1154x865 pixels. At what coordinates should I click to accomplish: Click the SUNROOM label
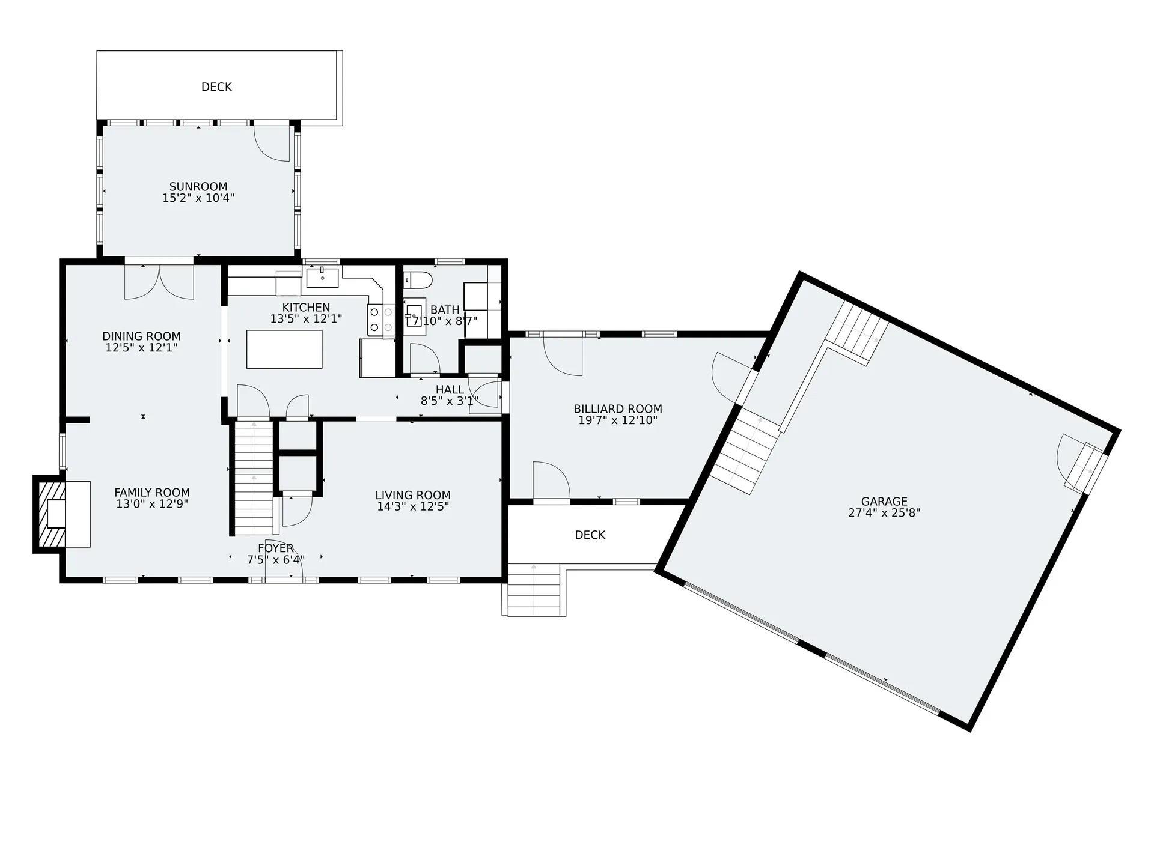click(198, 187)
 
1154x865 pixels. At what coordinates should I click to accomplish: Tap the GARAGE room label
click(884, 502)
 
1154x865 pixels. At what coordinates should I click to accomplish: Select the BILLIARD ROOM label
click(618, 409)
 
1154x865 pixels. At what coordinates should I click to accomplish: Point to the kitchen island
click(284, 349)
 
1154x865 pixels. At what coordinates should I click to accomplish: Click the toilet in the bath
click(418, 279)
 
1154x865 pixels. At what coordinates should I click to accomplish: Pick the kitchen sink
click(323, 278)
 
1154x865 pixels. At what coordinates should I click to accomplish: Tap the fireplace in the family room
click(62, 514)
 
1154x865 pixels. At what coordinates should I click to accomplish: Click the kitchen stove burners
click(380, 320)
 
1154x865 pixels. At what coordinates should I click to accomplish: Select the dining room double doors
click(159, 282)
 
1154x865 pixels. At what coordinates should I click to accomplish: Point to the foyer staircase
click(254, 478)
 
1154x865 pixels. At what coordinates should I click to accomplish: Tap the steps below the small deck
click(534, 590)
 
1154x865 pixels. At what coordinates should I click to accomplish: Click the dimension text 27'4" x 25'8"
click(884, 513)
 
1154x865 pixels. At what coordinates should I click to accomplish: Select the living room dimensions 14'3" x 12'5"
click(413, 506)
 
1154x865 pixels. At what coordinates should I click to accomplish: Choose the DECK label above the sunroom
click(216, 87)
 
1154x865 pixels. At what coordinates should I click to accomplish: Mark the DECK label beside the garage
click(590, 535)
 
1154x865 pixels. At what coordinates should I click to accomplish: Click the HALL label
click(450, 390)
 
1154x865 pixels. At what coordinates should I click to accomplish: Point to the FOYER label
click(276, 548)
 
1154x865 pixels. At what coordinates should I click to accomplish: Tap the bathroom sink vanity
click(414, 312)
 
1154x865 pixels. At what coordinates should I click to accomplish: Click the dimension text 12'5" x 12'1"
click(142, 348)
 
